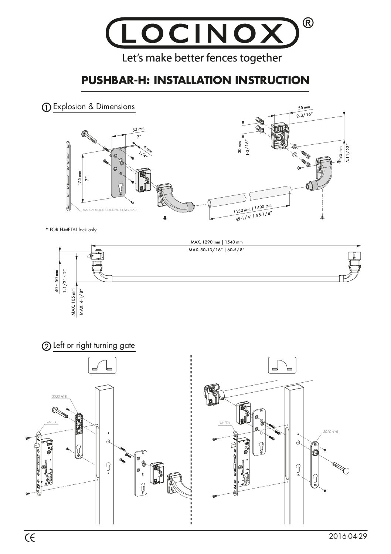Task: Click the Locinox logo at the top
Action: point(203,33)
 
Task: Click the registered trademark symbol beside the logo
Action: point(309,23)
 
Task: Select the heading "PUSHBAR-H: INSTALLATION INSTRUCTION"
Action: point(195,80)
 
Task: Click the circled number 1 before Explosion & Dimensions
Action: point(46,107)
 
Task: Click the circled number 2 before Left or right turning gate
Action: point(46,346)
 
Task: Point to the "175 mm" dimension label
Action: point(79,179)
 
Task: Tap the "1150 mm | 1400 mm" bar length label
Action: point(252,209)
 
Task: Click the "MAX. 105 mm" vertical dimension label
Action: point(74,302)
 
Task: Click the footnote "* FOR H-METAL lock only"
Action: point(71,230)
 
